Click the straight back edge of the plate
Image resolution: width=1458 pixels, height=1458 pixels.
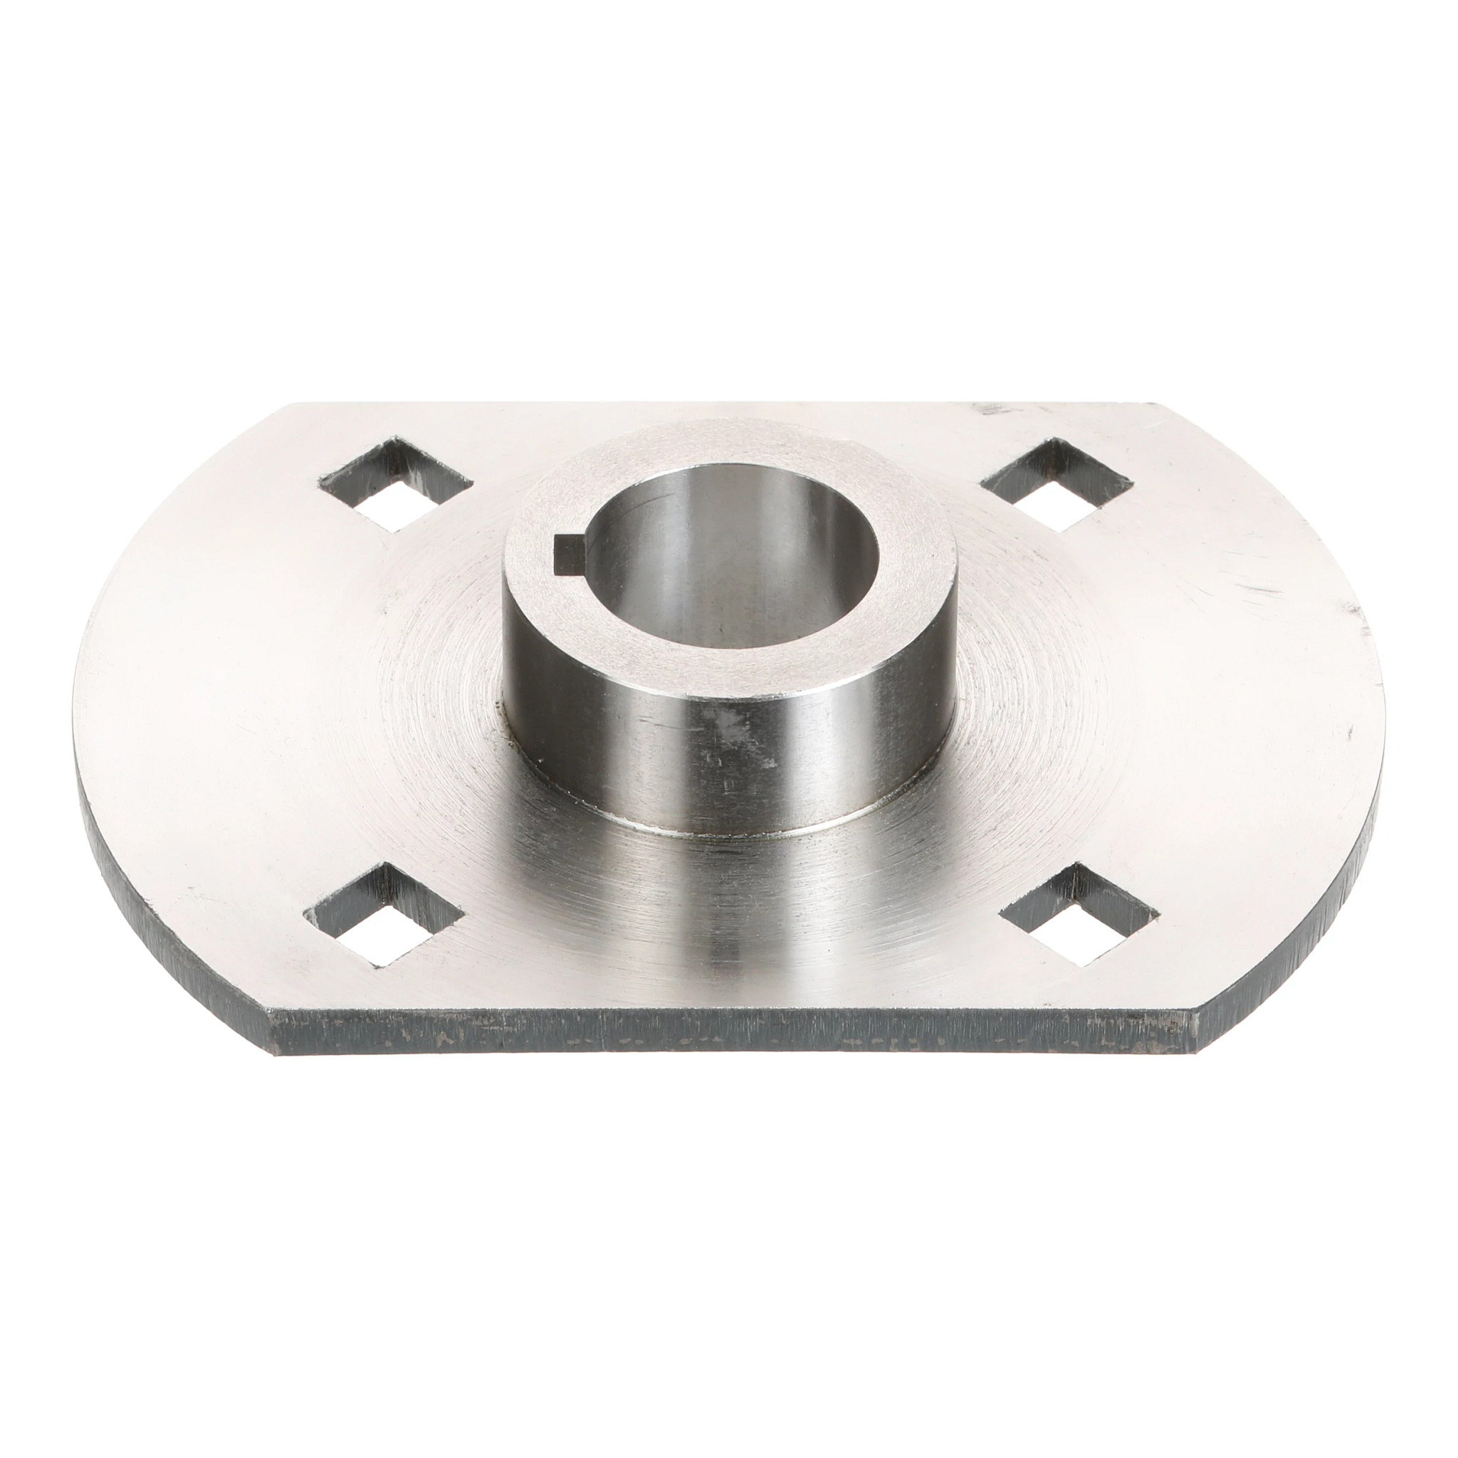(x=725, y=404)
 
